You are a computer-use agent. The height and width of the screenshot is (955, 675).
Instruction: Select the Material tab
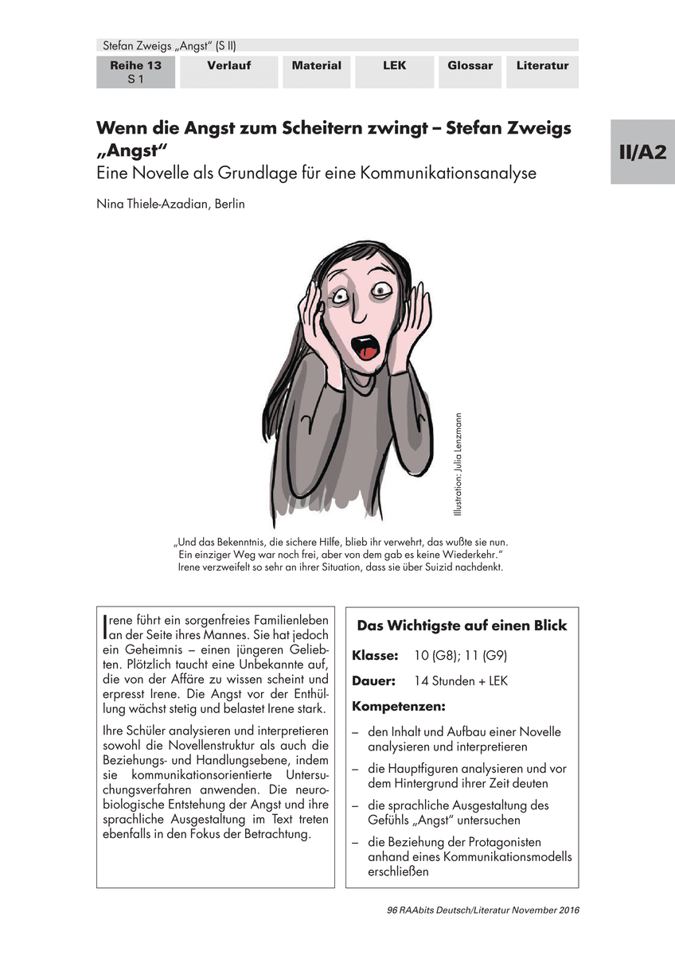[x=316, y=66]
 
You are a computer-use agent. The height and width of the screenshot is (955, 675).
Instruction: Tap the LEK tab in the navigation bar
[x=393, y=66]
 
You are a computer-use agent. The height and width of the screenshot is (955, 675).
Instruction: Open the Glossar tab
[x=470, y=66]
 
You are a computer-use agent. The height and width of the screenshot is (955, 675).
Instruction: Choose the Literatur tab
[x=542, y=66]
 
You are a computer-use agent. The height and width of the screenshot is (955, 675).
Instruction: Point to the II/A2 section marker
[x=642, y=154]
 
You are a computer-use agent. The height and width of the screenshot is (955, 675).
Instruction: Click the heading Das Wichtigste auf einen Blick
[x=462, y=626]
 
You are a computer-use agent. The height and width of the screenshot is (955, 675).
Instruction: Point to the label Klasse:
[x=375, y=657]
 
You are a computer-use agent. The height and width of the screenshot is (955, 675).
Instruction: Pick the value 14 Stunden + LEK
[x=461, y=681]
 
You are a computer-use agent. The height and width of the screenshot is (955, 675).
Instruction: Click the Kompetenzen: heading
[x=399, y=707]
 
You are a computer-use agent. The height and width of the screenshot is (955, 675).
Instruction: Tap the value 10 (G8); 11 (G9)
[x=461, y=657]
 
